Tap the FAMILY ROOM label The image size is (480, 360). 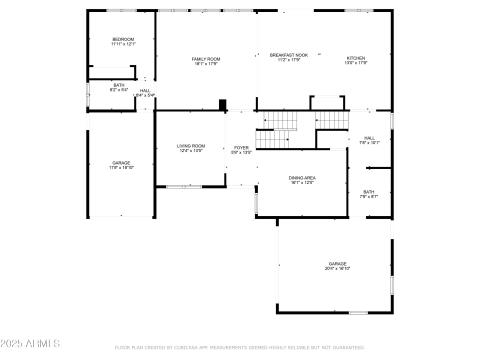pos(206,59)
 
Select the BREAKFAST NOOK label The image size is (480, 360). pos(289,56)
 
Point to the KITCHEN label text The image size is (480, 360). pos(357,59)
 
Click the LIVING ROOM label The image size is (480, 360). pos(191,147)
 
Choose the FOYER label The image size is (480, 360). pos(241,148)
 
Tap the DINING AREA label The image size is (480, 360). pos(302,178)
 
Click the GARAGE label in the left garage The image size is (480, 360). pos(121,163)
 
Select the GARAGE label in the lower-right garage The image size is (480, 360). pos(337,264)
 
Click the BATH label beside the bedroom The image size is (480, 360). pos(119,85)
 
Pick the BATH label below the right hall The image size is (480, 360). pos(369,192)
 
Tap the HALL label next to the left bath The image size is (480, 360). pos(144,91)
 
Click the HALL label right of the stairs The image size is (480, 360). pos(369,138)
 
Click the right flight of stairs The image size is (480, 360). pos(330,118)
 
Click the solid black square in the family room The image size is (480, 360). pos(223,103)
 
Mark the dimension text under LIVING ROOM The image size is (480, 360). pos(191,152)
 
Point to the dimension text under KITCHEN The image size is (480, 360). pos(357,64)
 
